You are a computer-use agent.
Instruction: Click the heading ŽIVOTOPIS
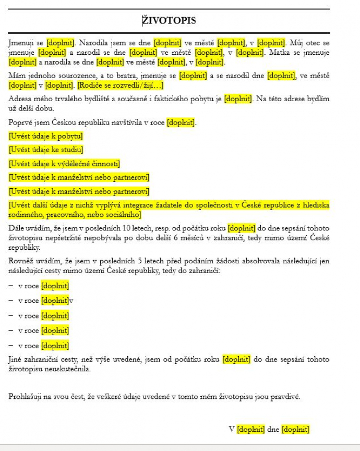169,20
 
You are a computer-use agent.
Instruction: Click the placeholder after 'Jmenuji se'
61,43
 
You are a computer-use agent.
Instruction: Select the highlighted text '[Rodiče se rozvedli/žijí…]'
121,85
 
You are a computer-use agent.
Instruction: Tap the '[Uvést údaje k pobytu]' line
45,136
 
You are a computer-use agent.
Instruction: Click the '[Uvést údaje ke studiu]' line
45,150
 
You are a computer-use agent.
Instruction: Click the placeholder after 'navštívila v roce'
181,123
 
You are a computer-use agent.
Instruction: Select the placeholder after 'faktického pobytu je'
238,99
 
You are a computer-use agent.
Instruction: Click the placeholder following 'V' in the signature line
251,430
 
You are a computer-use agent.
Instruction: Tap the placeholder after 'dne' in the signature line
295,430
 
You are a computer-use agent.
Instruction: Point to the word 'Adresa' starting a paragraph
19,99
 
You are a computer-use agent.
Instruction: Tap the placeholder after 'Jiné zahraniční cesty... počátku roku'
236,359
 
